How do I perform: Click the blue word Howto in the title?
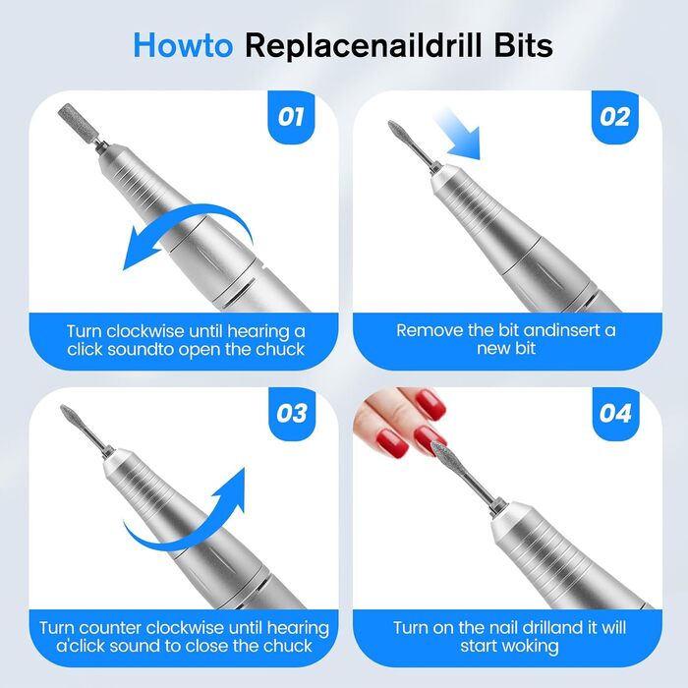point(183,45)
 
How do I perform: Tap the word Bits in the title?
point(524,45)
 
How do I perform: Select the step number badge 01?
point(291,117)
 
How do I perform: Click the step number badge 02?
point(614,117)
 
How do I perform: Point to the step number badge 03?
point(292,414)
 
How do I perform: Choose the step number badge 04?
point(615,414)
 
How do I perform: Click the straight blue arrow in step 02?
point(456,133)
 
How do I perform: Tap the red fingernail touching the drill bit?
point(430,438)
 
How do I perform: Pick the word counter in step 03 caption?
point(110,628)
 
